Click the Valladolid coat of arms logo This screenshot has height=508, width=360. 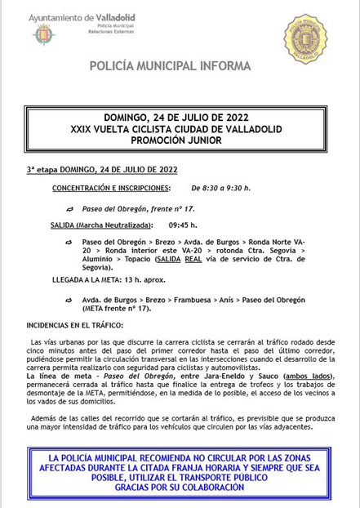pyautogui.click(x=43, y=34)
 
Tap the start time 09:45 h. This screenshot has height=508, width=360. pyautogui.click(x=183, y=225)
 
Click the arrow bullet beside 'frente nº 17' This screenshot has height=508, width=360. pyautogui.click(x=70, y=209)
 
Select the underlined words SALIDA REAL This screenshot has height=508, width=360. pyautogui.click(x=179, y=259)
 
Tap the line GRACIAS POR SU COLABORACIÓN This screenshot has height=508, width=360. pyautogui.click(x=180, y=487)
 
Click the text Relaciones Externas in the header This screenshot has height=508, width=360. pyautogui.click(x=109, y=30)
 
